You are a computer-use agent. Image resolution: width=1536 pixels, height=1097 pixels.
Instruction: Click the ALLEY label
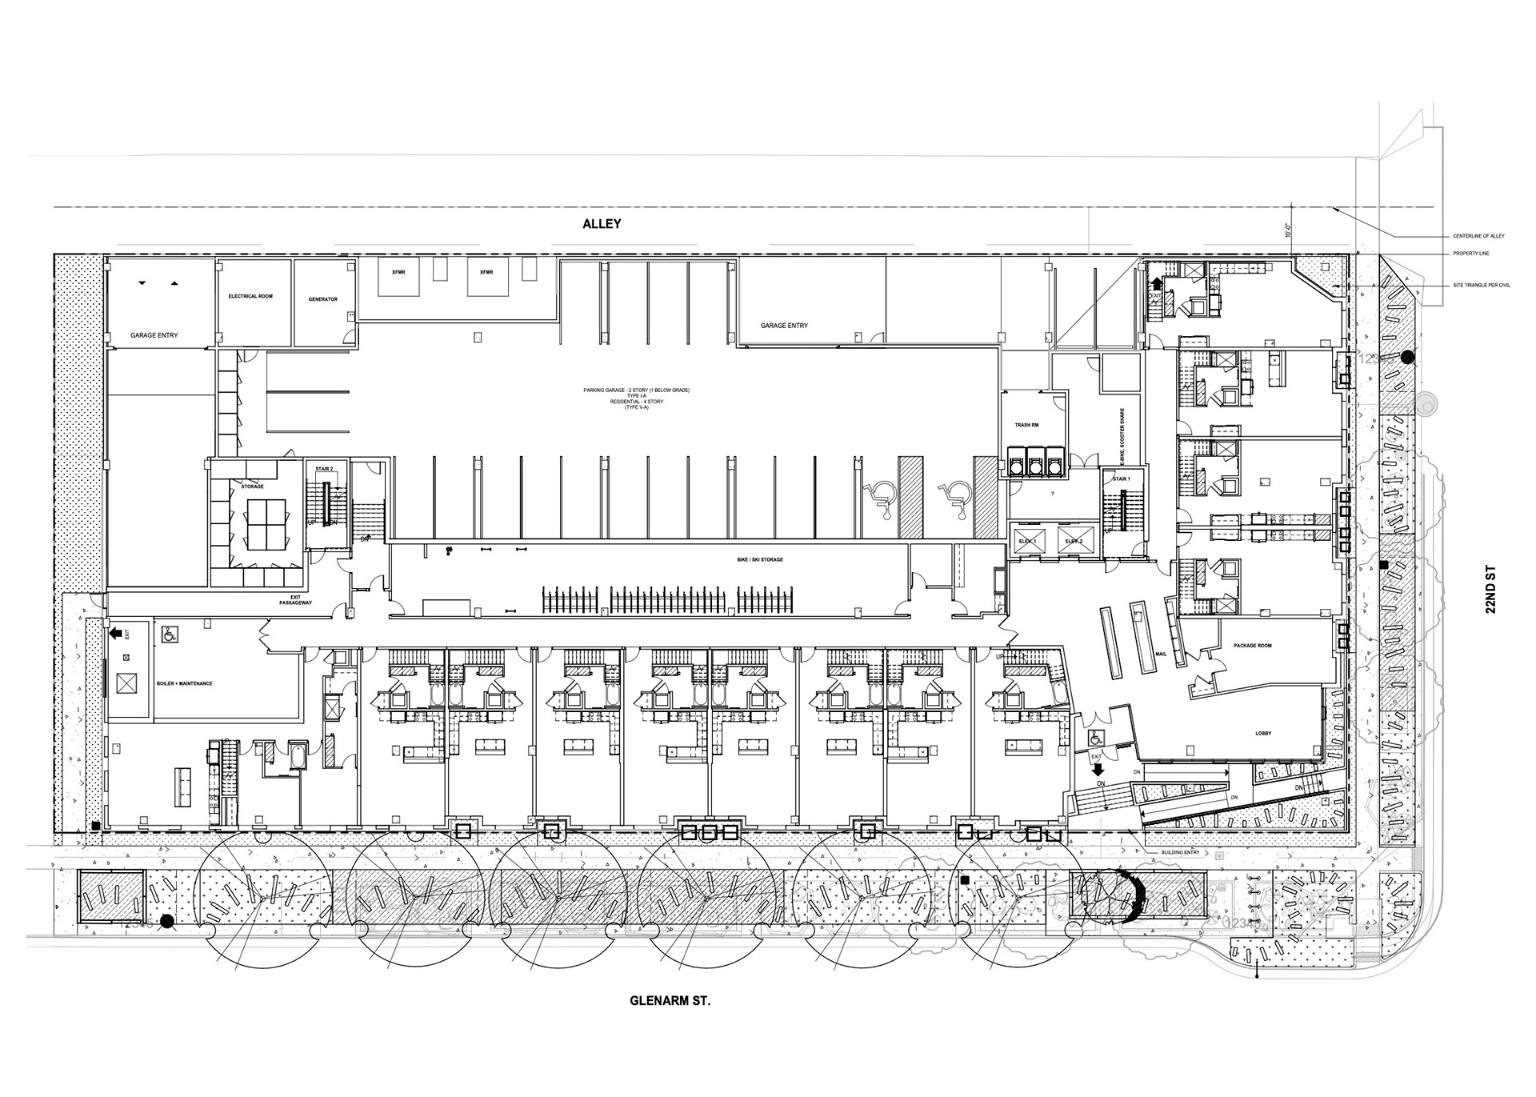click(602, 225)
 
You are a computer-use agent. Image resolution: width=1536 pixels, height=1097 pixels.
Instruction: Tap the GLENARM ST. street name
click(670, 1000)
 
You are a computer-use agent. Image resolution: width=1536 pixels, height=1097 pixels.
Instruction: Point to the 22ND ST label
click(1490, 590)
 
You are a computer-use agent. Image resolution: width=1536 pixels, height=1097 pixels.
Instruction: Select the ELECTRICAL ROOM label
click(250, 296)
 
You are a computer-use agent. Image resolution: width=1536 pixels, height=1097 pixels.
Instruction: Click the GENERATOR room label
click(323, 299)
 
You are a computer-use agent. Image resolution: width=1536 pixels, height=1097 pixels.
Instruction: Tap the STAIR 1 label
click(1121, 478)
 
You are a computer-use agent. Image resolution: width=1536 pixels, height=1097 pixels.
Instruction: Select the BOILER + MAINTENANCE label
click(184, 684)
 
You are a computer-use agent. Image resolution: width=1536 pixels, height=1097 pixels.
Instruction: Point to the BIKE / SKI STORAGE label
click(760, 559)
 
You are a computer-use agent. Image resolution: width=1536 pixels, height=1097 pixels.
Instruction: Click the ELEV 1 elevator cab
click(1029, 541)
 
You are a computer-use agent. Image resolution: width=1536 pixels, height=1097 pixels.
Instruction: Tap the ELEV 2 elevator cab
click(1074, 541)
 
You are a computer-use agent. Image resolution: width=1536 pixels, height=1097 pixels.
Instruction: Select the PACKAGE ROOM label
click(1253, 646)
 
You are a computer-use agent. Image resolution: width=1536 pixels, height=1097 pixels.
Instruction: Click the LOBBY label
click(1263, 734)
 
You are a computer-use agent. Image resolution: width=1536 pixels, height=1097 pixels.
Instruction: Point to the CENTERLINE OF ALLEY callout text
click(1478, 236)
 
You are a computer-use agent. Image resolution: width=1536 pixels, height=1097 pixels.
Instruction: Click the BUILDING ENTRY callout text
click(1180, 853)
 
